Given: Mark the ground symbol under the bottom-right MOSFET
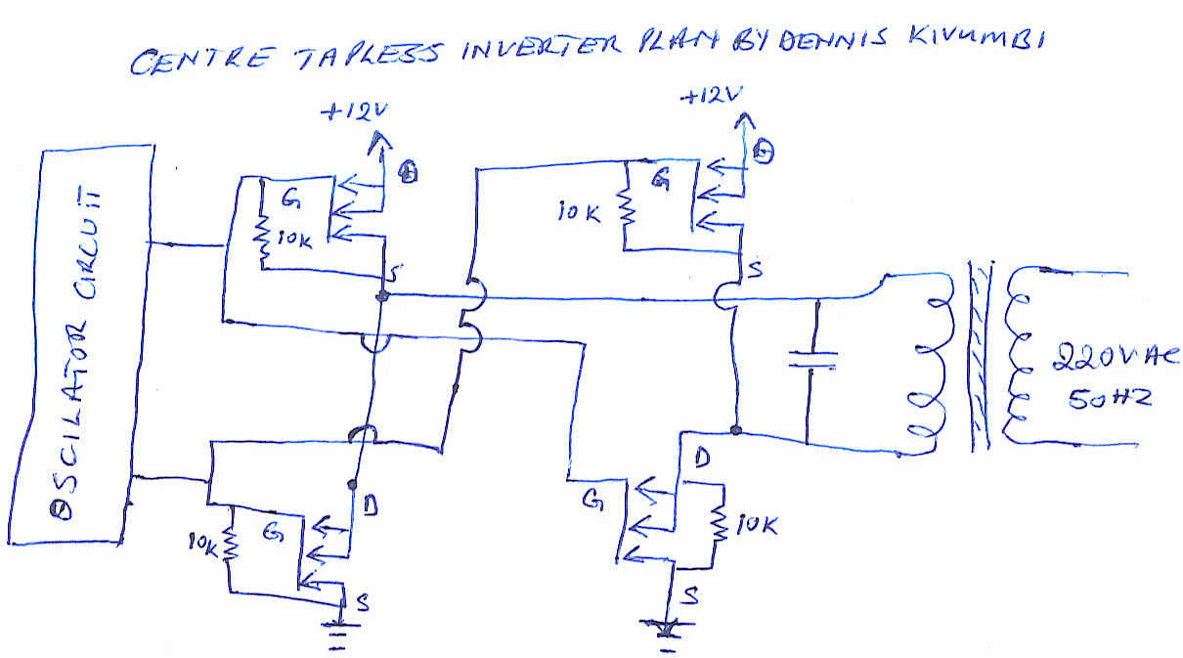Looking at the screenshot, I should tap(669, 631).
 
